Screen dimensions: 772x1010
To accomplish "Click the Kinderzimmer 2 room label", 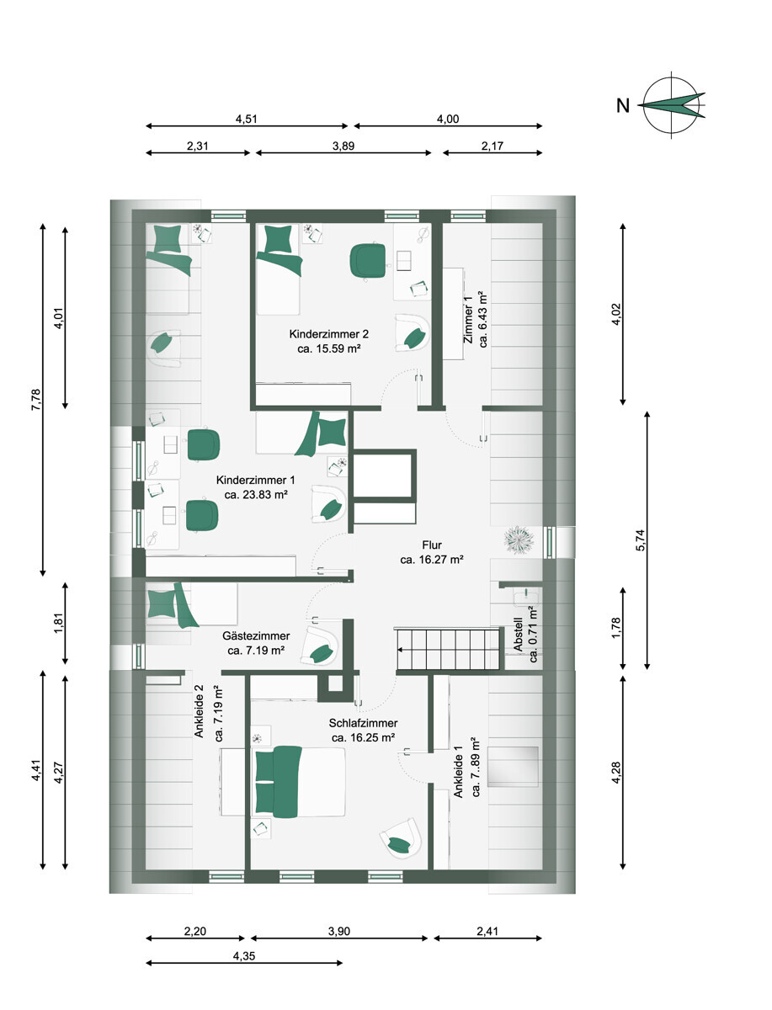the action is tap(328, 333).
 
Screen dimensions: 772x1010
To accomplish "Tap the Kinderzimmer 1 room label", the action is tap(255, 480).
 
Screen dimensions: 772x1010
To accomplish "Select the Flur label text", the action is tap(432, 545).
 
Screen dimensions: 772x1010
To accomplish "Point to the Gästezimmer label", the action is tap(256, 636).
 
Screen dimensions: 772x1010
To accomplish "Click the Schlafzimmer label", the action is tap(363, 723).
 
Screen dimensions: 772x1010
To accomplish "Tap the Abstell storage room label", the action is tap(518, 634).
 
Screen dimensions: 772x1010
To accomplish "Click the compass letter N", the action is tap(622, 106).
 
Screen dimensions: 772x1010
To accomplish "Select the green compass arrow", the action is tap(672, 105).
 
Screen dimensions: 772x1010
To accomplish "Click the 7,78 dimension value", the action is tap(36, 400).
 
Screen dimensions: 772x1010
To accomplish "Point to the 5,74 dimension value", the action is tap(641, 540).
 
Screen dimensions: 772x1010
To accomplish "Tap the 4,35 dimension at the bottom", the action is tap(244, 955).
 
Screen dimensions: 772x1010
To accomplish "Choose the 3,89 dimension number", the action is tap(343, 146).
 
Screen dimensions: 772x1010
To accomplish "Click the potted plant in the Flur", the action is tap(519, 540).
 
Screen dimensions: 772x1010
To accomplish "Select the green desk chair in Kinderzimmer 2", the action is tap(368, 260).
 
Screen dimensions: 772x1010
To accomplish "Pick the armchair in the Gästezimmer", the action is tap(320, 645).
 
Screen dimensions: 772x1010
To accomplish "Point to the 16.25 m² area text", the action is tap(363, 737).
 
